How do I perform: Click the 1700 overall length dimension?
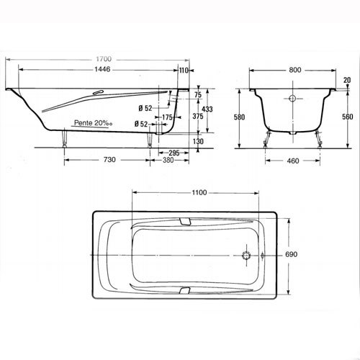pos(104,59)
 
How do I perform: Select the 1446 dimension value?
pos(102,69)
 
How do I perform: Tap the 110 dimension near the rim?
pos(184,71)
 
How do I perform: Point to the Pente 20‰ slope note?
pos(94,123)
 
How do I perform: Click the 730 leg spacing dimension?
pos(109,160)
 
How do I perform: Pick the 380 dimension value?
pos(168,160)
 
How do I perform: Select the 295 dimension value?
pos(174,153)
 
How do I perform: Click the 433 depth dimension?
pos(207,109)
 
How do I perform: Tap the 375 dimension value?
pos(198,116)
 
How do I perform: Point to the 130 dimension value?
pos(198,141)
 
